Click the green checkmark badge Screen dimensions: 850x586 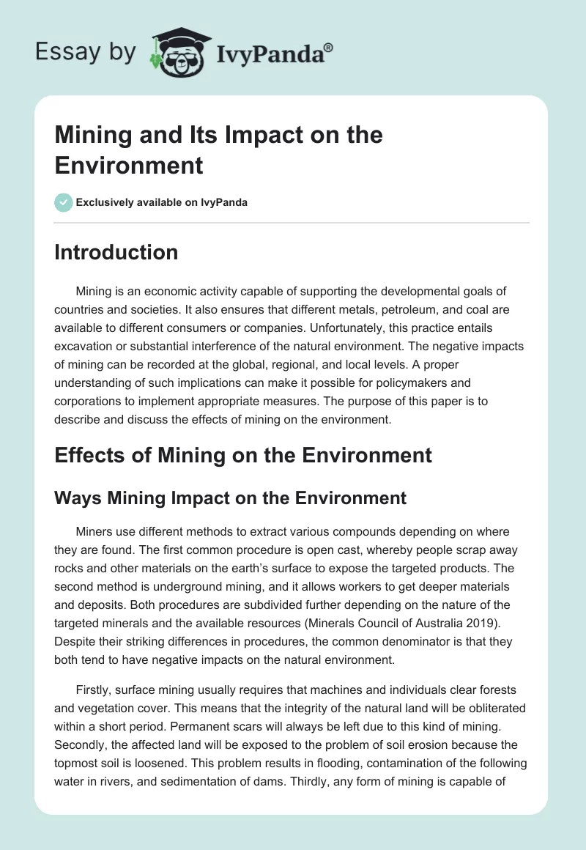click(64, 202)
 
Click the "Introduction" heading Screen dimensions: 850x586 click(116, 252)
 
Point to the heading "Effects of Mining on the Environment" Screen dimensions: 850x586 click(243, 455)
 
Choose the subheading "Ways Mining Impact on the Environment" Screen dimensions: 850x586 click(230, 498)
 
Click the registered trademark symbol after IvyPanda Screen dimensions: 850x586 click(329, 48)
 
